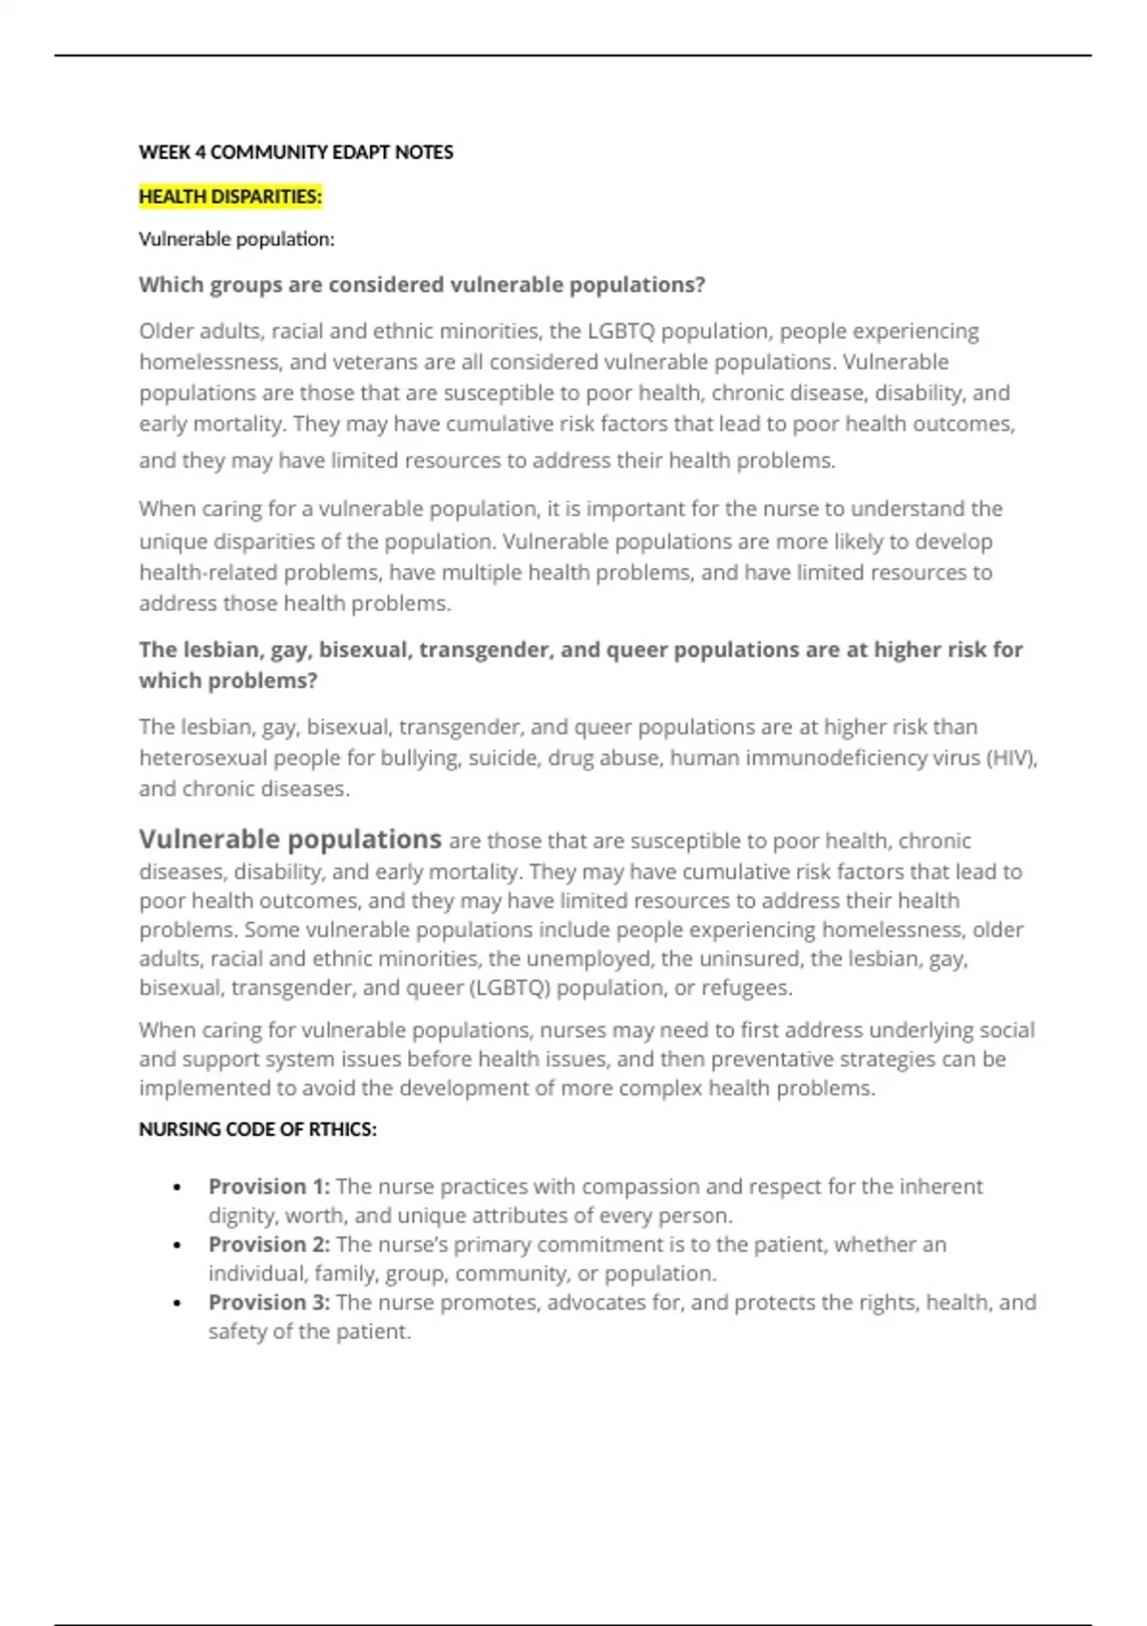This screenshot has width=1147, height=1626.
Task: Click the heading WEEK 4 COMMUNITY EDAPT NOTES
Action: click(295, 152)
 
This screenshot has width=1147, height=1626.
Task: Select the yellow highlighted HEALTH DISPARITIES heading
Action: click(230, 197)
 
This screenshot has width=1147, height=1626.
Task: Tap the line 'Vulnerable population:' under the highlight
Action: click(236, 239)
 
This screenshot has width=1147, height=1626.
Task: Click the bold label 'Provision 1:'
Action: click(269, 1187)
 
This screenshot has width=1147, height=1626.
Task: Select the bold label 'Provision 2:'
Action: click(269, 1244)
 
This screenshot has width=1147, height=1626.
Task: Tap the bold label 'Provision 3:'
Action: click(269, 1303)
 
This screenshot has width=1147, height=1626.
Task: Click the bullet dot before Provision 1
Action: click(178, 1188)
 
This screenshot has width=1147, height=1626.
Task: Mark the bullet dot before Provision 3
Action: click(178, 1304)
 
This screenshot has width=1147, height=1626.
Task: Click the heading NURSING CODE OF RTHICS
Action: click(257, 1130)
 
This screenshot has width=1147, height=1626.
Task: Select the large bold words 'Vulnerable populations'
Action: click(290, 839)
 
